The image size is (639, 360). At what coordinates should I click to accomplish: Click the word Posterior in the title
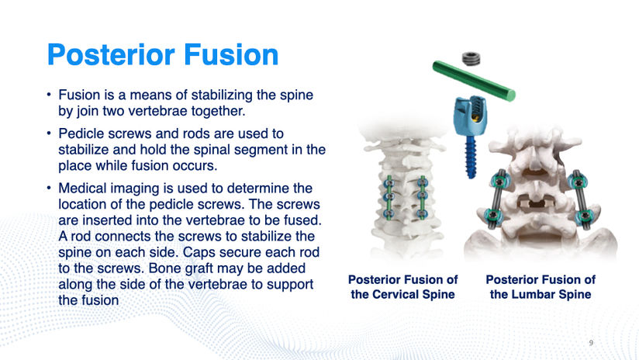(111, 54)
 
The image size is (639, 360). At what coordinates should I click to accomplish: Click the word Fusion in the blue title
(231, 54)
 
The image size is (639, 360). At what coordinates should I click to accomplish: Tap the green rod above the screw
(474, 81)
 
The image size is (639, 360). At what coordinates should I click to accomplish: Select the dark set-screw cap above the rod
(471, 59)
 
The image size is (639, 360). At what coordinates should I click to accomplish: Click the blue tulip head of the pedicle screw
(470, 116)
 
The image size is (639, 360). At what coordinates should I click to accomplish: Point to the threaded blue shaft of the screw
(471, 157)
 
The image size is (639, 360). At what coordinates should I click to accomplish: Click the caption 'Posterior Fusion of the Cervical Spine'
(402, 287)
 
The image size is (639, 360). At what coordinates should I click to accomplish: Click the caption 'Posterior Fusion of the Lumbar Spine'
(541, 287)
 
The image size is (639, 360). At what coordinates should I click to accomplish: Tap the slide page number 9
(591, 343)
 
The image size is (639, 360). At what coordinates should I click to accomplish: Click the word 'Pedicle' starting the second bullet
(82, 133)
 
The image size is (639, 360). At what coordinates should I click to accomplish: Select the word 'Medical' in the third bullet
(83, 188)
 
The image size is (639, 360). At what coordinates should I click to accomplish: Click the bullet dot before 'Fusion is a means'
(49, 95)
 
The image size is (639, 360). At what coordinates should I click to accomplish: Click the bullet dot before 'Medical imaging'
(49, 188)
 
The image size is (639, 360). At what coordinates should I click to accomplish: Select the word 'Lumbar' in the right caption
(533, 294)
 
